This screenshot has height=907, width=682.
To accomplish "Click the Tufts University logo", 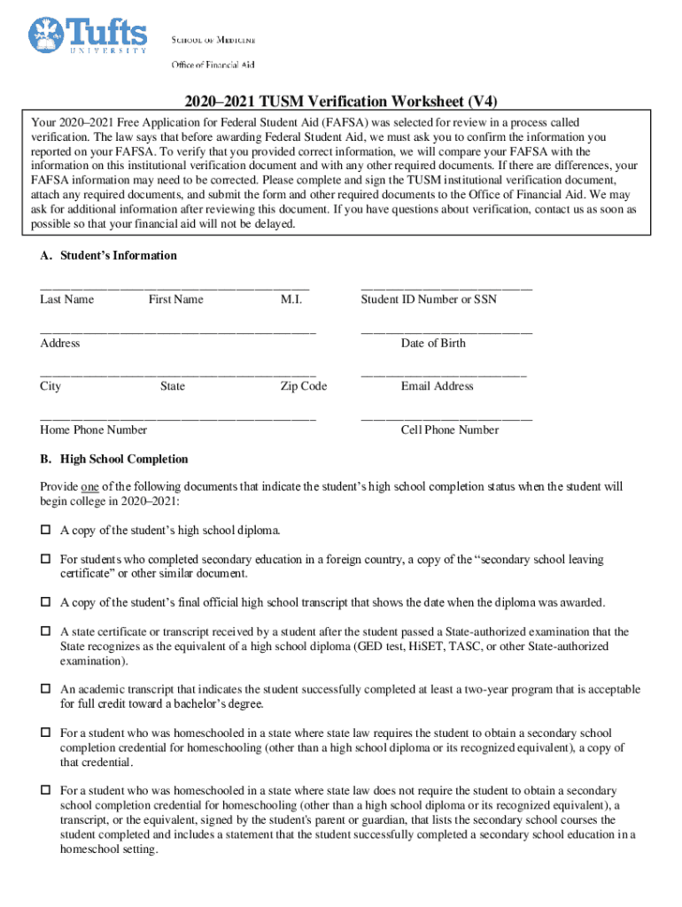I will click(x=88, y=36).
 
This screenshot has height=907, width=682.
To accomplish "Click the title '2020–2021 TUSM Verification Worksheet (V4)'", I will click(x=341, y=101).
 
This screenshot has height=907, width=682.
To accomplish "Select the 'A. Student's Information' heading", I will click(x=108, y=255).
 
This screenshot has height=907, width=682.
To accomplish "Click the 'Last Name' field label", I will click(x=66, y=299).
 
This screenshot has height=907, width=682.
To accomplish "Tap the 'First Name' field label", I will click(x=175, y=299).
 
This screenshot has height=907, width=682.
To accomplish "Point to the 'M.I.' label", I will click(x=291, y=299).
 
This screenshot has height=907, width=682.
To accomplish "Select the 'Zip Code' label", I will click(x=304, y=386).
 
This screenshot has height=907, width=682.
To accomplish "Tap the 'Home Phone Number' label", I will click(x=93, y=430).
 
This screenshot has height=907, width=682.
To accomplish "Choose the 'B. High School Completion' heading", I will click(x=113, y=459).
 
